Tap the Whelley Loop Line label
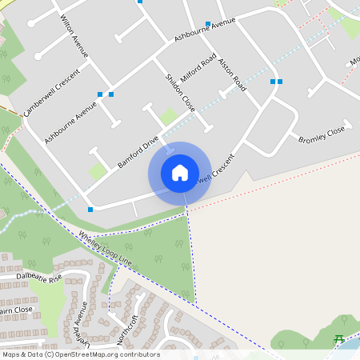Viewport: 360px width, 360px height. pyautogui.click(x=104, y=249)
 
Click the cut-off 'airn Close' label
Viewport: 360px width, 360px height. pyautogui.click(x=16, y=310)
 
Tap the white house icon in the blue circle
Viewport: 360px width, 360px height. pyautogui.click(x=180, y=172)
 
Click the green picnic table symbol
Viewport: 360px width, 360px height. pyautogui.click(x=338, y=339)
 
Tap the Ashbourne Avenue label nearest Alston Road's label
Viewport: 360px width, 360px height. pyautogui.click(x=204, y=31)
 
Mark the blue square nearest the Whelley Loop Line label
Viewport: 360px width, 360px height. pyautogui.click(x=90, y=210)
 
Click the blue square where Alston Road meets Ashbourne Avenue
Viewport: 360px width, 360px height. pyautogui.click(x=207, y=24)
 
